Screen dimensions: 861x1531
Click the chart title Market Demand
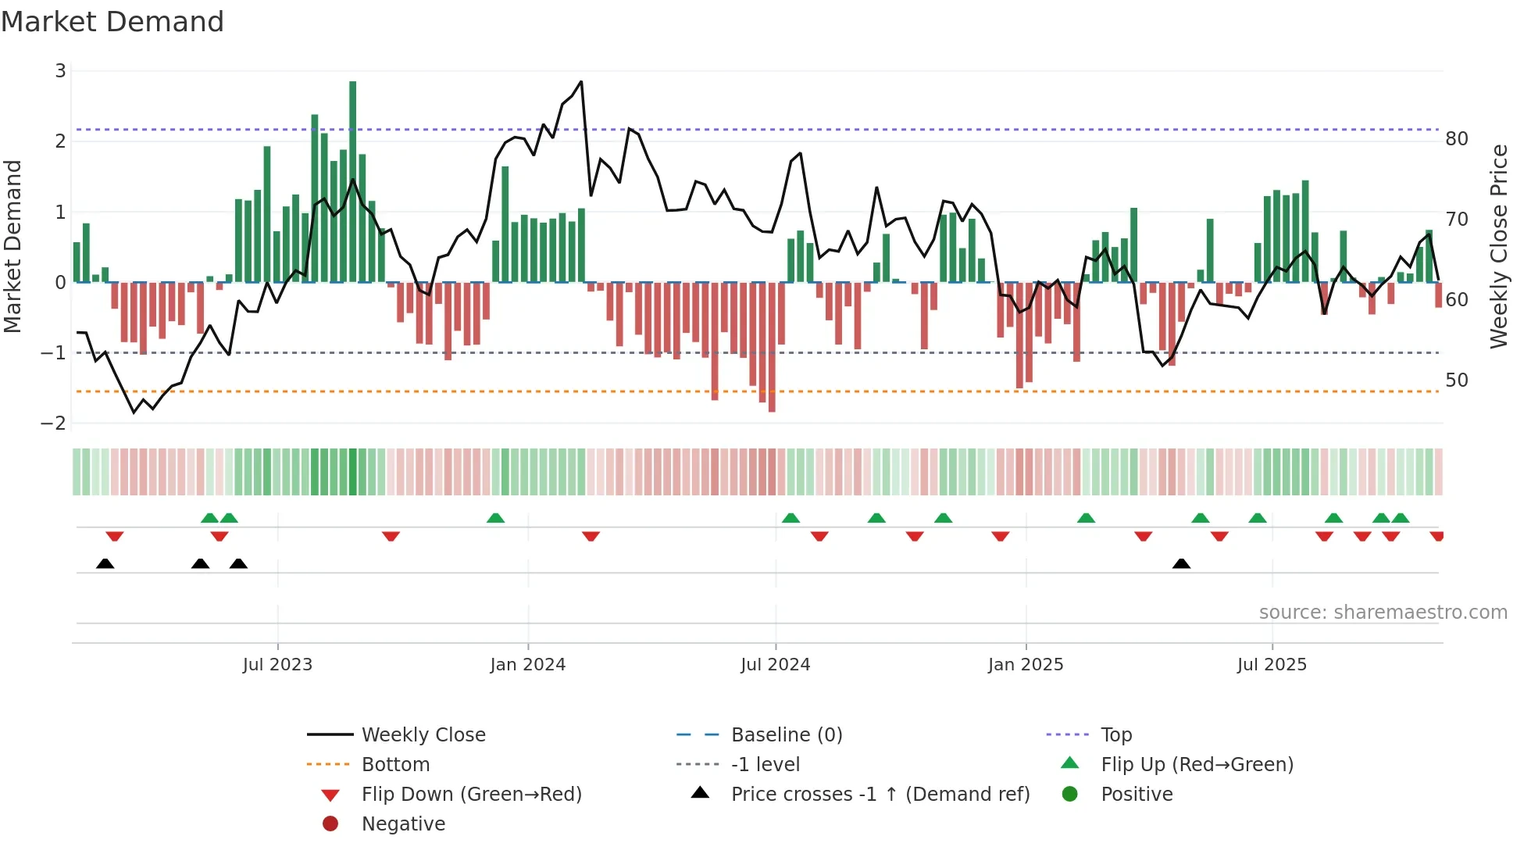[112, 22]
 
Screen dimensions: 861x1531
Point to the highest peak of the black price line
[581, 82]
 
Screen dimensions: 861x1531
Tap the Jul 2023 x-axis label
[277, 665]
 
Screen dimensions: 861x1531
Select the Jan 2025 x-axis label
[1025, 665]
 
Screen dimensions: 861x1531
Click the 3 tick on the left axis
[60, 71]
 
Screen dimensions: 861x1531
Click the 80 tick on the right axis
[1456, 139]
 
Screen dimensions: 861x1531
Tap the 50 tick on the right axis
[1456, 380]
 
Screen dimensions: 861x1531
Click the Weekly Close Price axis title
[1498, 246]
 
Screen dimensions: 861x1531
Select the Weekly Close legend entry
[423, 735]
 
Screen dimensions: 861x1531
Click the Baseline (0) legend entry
[786, 735]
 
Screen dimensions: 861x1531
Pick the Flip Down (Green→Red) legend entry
[471, 795]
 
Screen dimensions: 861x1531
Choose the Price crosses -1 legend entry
[880, 795]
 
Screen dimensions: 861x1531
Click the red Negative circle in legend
[330, 824]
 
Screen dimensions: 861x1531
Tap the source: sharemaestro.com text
[1383, 613]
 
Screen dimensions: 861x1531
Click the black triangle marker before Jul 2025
[1181, 564]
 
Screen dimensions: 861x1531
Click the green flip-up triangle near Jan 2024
[495, 518]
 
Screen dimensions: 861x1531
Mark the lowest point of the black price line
[134, 412]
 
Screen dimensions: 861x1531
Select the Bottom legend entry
[395, 765]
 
